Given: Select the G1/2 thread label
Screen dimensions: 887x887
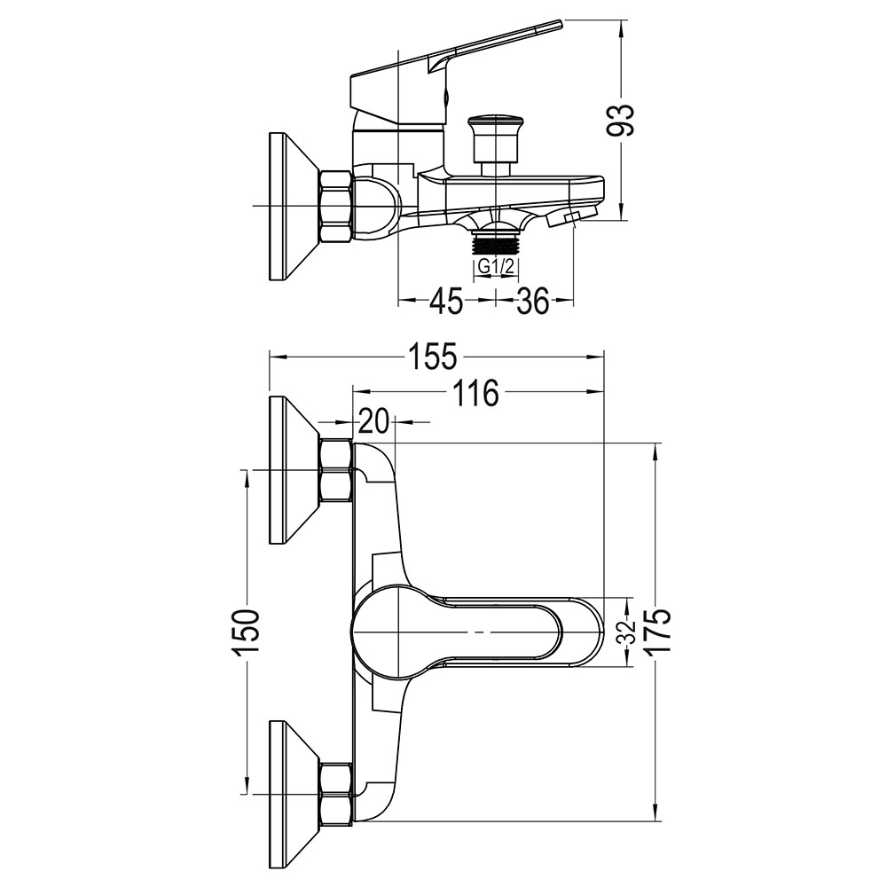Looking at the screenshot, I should click(494, 266).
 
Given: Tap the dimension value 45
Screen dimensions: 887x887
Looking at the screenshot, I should click(446, 302).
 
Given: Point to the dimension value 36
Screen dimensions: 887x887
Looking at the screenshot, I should click(532, 302).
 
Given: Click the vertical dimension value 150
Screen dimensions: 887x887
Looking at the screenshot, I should click(246, 632).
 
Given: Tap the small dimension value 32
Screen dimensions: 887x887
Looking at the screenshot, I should click(624, 632).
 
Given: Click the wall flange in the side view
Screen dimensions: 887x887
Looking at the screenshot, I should click(289, 207).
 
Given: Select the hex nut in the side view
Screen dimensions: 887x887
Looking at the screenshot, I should click(336, 207).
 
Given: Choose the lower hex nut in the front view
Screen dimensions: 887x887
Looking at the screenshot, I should click(336, 792).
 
